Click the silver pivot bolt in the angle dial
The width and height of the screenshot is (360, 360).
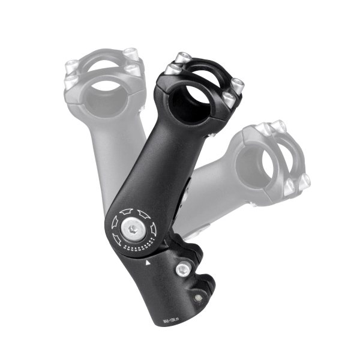pyautogui.click(x=131, y=226)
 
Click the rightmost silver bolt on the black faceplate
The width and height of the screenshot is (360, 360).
pyautogui.click(x=238, y=83)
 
